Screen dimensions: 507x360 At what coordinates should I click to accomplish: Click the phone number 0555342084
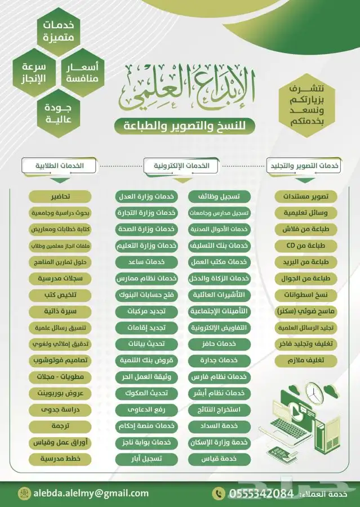261,493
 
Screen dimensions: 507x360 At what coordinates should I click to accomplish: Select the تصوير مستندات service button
306,197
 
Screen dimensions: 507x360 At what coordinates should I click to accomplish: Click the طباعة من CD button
306,246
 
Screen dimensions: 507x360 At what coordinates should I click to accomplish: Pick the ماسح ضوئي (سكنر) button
306,311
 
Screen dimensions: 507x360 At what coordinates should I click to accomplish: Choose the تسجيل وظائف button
223,197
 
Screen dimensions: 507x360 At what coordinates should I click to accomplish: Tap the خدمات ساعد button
146,262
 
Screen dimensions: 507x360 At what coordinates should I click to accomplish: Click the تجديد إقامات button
146,327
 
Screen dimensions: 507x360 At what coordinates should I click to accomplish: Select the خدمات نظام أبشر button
223,393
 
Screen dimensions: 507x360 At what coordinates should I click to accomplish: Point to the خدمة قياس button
223,459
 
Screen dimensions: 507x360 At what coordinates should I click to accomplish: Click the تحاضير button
61,197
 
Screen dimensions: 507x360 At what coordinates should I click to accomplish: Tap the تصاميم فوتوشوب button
61,360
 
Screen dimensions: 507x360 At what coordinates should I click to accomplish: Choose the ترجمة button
61,426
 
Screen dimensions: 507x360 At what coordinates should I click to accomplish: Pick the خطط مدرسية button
61,459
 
